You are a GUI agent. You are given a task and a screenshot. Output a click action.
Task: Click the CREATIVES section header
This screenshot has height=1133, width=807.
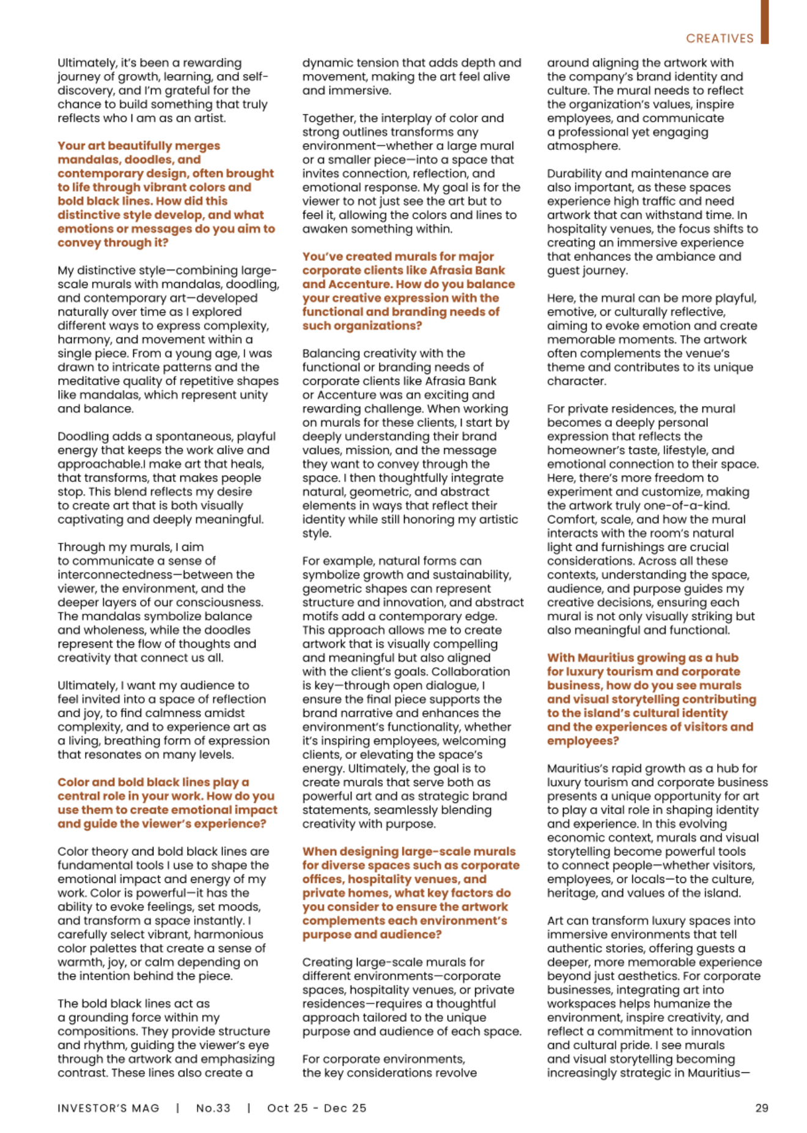click(720, 39)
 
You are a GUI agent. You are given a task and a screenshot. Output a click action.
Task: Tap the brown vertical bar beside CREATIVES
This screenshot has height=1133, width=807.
click(764, 21)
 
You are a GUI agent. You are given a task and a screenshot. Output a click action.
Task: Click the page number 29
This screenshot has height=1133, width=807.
click(761, 1108)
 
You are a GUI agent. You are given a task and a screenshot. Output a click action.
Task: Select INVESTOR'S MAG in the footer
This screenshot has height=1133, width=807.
click(108, 1108)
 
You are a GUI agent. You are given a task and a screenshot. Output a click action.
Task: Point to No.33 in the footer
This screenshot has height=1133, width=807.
click(213, 1108)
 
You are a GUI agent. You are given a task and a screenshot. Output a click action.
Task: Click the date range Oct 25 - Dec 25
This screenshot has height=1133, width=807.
click(317, 1108)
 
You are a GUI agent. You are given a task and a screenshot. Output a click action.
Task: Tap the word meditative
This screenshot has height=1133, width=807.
click(89, 381)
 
